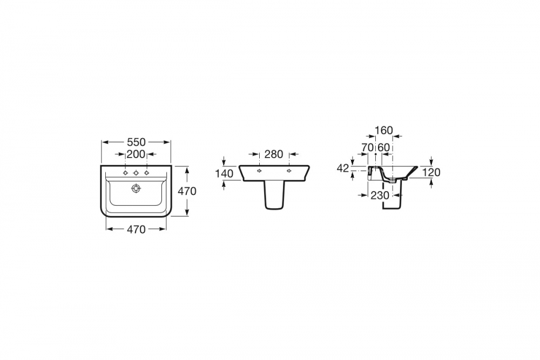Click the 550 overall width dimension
pos(137,142)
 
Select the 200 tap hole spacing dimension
pos(136,154)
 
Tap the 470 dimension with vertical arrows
pos(187,191)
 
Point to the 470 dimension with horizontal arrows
pos(137,229)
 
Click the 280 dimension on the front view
pos(274,154)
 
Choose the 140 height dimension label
pos(224,173)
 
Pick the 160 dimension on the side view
pos(383,131)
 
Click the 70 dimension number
pos(367,147)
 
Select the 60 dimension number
pos(383,147)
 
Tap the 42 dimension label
pos(343,168)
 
